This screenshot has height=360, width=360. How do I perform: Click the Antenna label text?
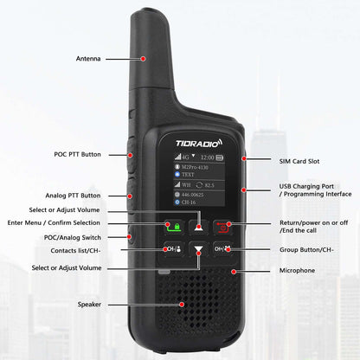pos(88,59)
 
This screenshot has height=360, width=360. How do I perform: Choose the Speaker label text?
pos(89,304)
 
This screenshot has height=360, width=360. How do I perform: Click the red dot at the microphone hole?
pos(233,271)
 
